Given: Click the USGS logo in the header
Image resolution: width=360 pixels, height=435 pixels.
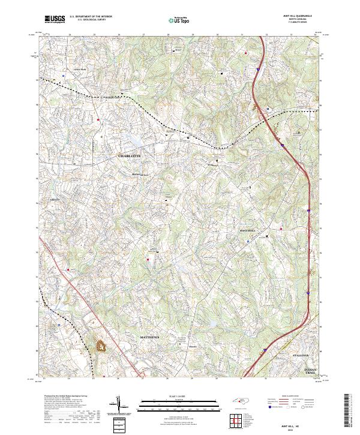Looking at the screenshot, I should (x=54, y=19).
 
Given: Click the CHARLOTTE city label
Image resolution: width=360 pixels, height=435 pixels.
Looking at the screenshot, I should (x=129, y=155).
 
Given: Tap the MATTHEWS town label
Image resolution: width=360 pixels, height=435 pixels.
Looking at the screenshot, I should (x=151, y=338).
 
